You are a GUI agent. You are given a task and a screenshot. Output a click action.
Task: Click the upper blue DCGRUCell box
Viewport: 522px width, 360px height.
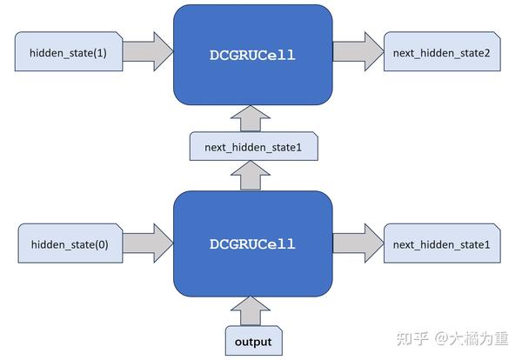point(252,55)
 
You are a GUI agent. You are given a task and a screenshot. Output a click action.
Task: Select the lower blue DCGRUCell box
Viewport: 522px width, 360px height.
point(252,244)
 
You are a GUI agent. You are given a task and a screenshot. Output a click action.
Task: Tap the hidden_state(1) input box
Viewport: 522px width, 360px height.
point(69,54)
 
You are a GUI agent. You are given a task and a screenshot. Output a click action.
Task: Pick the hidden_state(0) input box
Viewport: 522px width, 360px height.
point(69,244)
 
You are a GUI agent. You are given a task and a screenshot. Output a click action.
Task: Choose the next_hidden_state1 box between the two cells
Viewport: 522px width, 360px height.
point(253,147)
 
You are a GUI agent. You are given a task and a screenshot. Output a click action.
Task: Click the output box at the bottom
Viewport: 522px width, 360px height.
point(252,341)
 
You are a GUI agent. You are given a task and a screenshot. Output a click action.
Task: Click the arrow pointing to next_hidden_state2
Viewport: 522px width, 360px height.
point(357,54)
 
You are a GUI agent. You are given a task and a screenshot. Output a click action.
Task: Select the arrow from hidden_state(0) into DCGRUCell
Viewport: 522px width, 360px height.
point(149,244)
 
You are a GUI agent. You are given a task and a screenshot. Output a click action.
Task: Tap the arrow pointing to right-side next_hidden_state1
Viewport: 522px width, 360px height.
point(357,244)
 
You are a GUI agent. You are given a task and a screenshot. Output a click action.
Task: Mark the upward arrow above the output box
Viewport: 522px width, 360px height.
point(252,310)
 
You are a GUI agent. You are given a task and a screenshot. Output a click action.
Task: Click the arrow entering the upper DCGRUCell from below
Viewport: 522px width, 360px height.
point(252,119)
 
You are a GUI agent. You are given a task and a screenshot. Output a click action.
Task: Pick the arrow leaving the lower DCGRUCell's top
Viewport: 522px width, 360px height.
point(252,177)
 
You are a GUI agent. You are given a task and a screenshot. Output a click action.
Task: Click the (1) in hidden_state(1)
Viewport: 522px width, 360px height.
point(101,54)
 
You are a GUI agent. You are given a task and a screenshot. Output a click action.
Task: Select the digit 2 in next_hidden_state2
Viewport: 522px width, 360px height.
point(486,54)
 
